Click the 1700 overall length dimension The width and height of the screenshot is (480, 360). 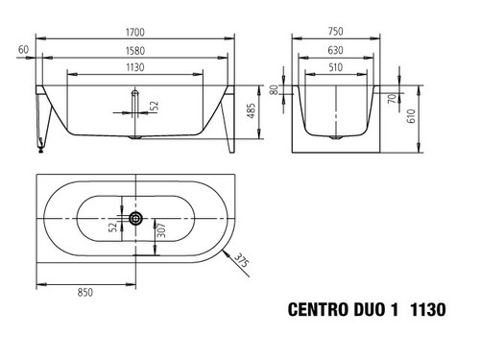[x=135, y=33]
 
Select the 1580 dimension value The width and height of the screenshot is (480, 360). [x=135, y=51]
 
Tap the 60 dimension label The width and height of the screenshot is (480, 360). [x=23, y=50]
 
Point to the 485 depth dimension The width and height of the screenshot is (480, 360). [x=252, y=110]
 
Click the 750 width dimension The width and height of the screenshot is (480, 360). [x=335, y=32]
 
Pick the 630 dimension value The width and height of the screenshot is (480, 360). [x=335, y=50]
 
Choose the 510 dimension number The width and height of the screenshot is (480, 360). [x=335, y=67]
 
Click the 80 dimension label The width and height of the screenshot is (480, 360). [x=274, y=90]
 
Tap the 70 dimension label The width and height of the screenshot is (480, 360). [x=392, y=98]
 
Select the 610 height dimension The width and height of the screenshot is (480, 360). [x=411, y=116]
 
